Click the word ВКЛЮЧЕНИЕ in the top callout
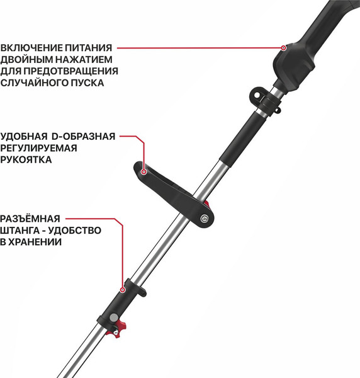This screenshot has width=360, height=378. (31, 47)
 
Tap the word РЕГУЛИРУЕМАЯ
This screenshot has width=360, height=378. (38, 149)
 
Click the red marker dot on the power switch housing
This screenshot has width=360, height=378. (283, 47)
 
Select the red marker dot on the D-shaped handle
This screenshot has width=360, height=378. (145, 170)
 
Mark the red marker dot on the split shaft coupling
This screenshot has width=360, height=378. (123, 290)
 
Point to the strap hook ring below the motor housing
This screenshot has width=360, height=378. (256, 94)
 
